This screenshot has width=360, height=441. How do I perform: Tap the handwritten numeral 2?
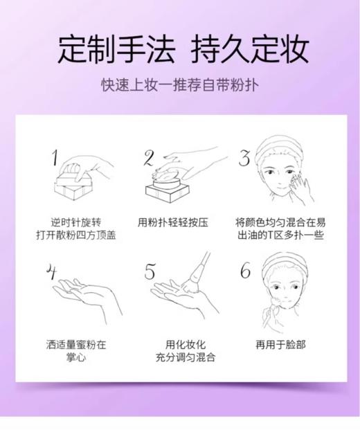[149, 159]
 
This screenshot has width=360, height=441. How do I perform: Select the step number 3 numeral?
[244, 159]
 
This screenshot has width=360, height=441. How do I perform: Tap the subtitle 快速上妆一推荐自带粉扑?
[180, 86]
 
